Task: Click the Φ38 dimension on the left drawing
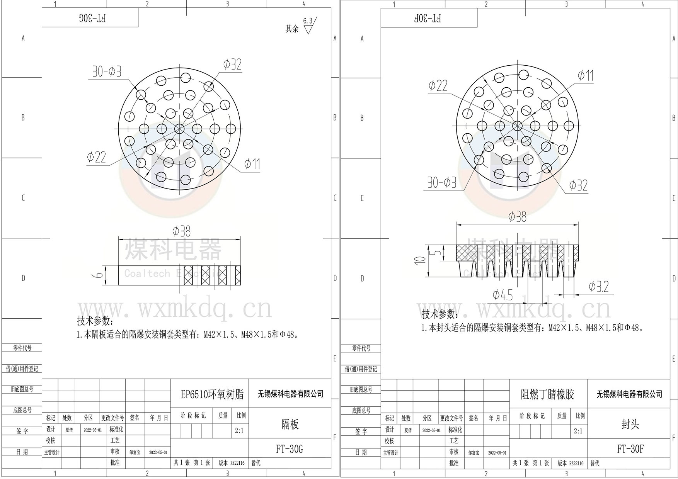click(x=181, y=231)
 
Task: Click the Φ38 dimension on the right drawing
click(x=517, y=216)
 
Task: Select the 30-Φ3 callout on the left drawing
click(x=107, y=71)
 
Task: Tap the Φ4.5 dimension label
click(x=503, y=295)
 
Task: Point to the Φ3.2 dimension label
click(x=598, y=287)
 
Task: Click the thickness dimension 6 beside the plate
click(x=99, y=275)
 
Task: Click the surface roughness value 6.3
click(x=308, y=21)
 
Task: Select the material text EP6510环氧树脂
click(x=212, y=394)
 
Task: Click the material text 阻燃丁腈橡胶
click(x=547, y=394)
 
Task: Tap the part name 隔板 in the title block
click(x=290, y=424)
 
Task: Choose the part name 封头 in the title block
click(x=630, y=424)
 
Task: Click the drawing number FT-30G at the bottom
click(x=290, y=449)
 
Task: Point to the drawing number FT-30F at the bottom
click(x=630, y=449)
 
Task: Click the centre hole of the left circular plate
click(x=179, y=129)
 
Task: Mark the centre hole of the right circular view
click(x=517, y=125)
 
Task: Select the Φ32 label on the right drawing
click(x=578, y=185)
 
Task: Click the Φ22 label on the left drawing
click(x=96, y=157)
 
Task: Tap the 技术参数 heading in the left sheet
click(x=95, y=321)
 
